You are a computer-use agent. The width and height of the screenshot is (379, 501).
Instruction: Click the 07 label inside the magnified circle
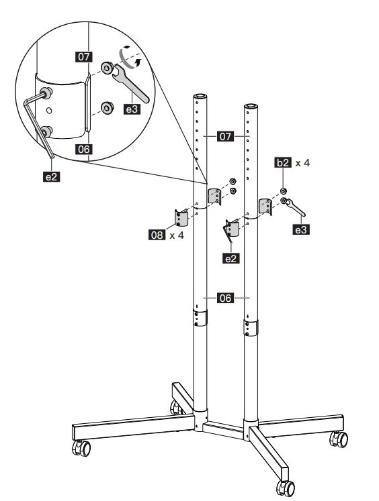(84, 57)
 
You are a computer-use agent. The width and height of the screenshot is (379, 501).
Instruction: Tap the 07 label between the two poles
(225, 136)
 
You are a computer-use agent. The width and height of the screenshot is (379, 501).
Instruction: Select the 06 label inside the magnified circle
(84, 149)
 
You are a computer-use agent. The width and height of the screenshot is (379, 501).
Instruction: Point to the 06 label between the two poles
(225, 298)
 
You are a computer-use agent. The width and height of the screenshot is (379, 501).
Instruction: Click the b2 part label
(283, 162)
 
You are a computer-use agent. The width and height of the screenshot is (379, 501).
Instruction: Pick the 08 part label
(157, 235)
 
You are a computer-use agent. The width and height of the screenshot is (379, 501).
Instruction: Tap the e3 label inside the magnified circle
(132, 109)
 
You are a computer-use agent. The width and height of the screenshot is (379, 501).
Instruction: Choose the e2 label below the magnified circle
(51, 176)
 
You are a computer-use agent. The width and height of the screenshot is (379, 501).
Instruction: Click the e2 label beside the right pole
(230, 258)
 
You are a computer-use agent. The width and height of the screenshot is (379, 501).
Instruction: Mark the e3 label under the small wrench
(301, 229)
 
